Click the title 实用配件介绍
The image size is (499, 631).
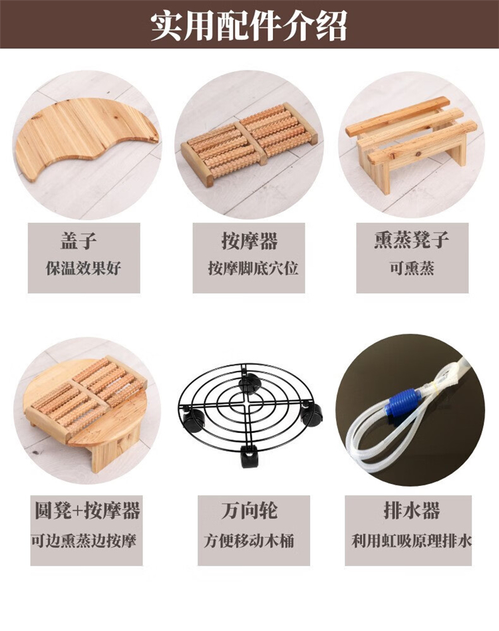click(249, 25)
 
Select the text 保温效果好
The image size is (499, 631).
click(83, 268)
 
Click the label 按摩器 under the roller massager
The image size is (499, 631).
click(249, 241)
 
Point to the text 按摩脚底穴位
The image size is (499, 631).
click(253, 268)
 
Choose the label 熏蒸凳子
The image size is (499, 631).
click(411, 240)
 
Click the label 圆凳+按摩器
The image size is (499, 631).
click(87, 510)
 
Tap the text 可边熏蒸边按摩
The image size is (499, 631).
click(84, 541)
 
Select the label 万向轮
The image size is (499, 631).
click(249, 510)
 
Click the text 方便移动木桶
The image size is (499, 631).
click(248, 541)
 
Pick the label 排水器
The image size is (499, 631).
click(411, 510)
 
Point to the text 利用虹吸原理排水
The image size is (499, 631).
click(411, 541)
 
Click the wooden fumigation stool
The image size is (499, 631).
click(411, 141)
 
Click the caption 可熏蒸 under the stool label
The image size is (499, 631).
click(411, 268)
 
